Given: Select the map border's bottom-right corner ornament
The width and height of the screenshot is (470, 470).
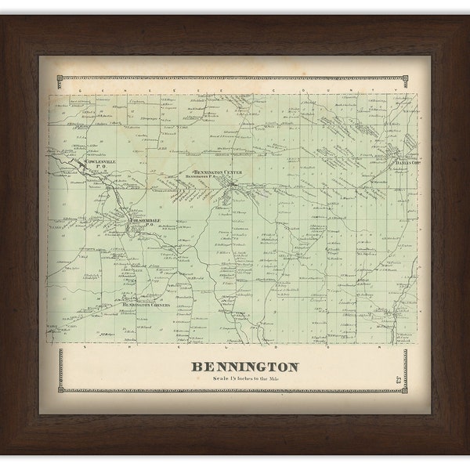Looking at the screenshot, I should point(404,389).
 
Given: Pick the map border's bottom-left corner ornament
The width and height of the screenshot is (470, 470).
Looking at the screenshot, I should point(63,389).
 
